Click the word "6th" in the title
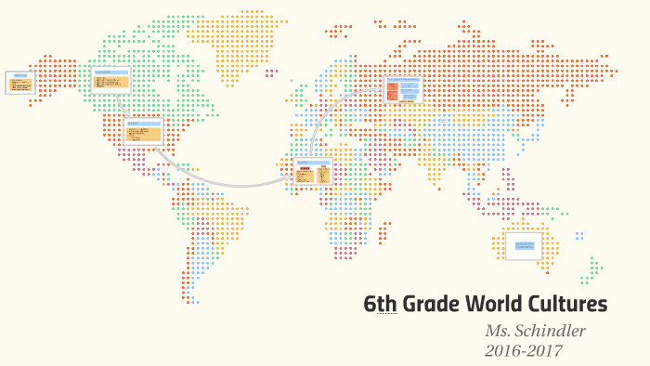(379, 305)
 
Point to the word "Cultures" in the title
(571, 305)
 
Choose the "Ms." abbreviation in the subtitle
(500, 332)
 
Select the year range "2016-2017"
(524, 350)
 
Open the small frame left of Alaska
(20, 83)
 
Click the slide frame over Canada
(110, 80)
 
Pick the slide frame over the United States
(143, 131)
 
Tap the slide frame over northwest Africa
(313, 172)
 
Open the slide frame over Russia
(403, 89)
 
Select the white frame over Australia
(524, 245)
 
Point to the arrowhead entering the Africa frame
(291, 180)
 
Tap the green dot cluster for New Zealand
(590, 271)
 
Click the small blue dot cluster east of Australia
(579, 236)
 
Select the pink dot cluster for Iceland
(270, 72)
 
